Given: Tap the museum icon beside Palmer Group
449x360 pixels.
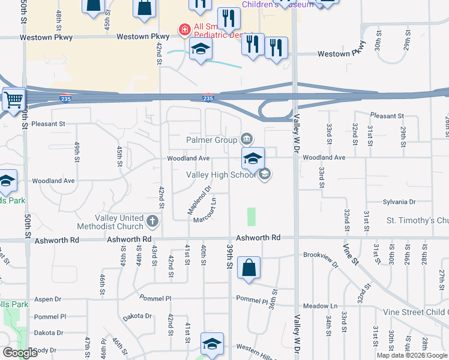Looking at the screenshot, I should pyautogui.click(x=247, y=140).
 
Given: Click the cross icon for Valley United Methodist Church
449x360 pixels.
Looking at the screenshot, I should pyautogui.click(x=153, y=222).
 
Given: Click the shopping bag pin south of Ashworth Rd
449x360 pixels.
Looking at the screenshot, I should pyautogui.click(x=249, y=268).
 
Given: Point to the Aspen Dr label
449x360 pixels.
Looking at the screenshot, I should pyautogui.click(x=49, y=299).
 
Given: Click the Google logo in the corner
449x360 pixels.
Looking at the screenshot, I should pyautogui.click(x=20, y=353).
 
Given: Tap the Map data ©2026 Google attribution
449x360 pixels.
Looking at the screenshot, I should pyautogui.click(x=412, y=355).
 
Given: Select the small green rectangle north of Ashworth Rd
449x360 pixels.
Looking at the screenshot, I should pyautogui.click(x=251, y=217).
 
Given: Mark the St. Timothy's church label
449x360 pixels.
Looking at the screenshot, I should pyautogui.click(x=417, y=220).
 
